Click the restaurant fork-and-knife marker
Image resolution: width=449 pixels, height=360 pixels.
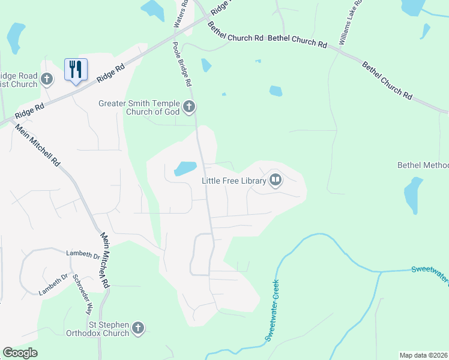(x=76, y=70)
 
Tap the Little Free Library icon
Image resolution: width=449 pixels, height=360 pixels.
(x=276, y=180)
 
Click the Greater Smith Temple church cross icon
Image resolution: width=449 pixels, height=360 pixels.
(x=189, y=107)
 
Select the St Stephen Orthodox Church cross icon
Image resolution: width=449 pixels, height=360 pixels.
(x=138, y=328)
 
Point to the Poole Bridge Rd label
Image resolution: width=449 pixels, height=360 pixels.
(x=182, y=63)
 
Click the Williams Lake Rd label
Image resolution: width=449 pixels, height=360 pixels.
(x=351, y=23)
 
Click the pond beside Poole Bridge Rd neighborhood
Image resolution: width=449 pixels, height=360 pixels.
(x=185, y=169)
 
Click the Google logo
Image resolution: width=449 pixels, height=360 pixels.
(x=20, y=353)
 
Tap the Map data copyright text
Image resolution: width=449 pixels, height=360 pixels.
(x=423, y=355)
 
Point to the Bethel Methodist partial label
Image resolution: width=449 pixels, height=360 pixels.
(x=423, y=165)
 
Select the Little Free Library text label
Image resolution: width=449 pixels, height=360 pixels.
(x=234, y=180)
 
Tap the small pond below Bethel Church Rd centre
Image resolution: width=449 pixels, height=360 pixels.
(x=276, y=91)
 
